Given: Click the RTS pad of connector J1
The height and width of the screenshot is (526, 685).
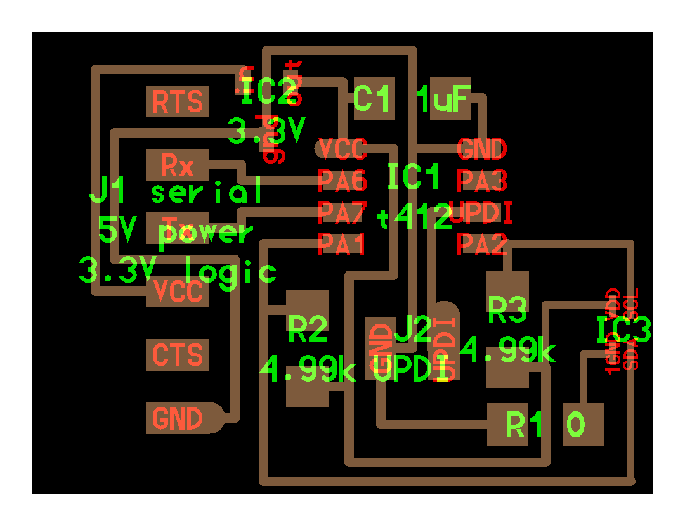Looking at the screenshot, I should [178, 101].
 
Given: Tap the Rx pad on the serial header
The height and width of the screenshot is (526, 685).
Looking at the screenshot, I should [178, 165].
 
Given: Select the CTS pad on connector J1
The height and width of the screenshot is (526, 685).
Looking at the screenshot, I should [178, 355].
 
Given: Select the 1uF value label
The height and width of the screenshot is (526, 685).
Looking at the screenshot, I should [443, 99].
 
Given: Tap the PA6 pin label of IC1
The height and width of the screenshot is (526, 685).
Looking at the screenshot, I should [342, 181].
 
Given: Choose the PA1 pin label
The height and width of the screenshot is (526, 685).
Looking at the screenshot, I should [341, 244].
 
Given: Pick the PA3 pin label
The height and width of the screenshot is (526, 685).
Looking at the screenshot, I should [482, 181].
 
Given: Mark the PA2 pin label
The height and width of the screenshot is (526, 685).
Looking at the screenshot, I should [482, 243].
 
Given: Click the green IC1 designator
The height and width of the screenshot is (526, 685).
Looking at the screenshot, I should [413, 177].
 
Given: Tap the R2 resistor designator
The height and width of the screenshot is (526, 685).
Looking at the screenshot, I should [308, 328].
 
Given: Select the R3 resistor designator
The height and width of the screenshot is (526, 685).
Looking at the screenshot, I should [507, 309].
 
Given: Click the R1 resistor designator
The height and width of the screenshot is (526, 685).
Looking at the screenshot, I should [524, 425].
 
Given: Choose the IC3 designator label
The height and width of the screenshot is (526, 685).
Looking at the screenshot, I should [623, 330].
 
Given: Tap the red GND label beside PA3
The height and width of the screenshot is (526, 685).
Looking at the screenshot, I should [482, 150].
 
